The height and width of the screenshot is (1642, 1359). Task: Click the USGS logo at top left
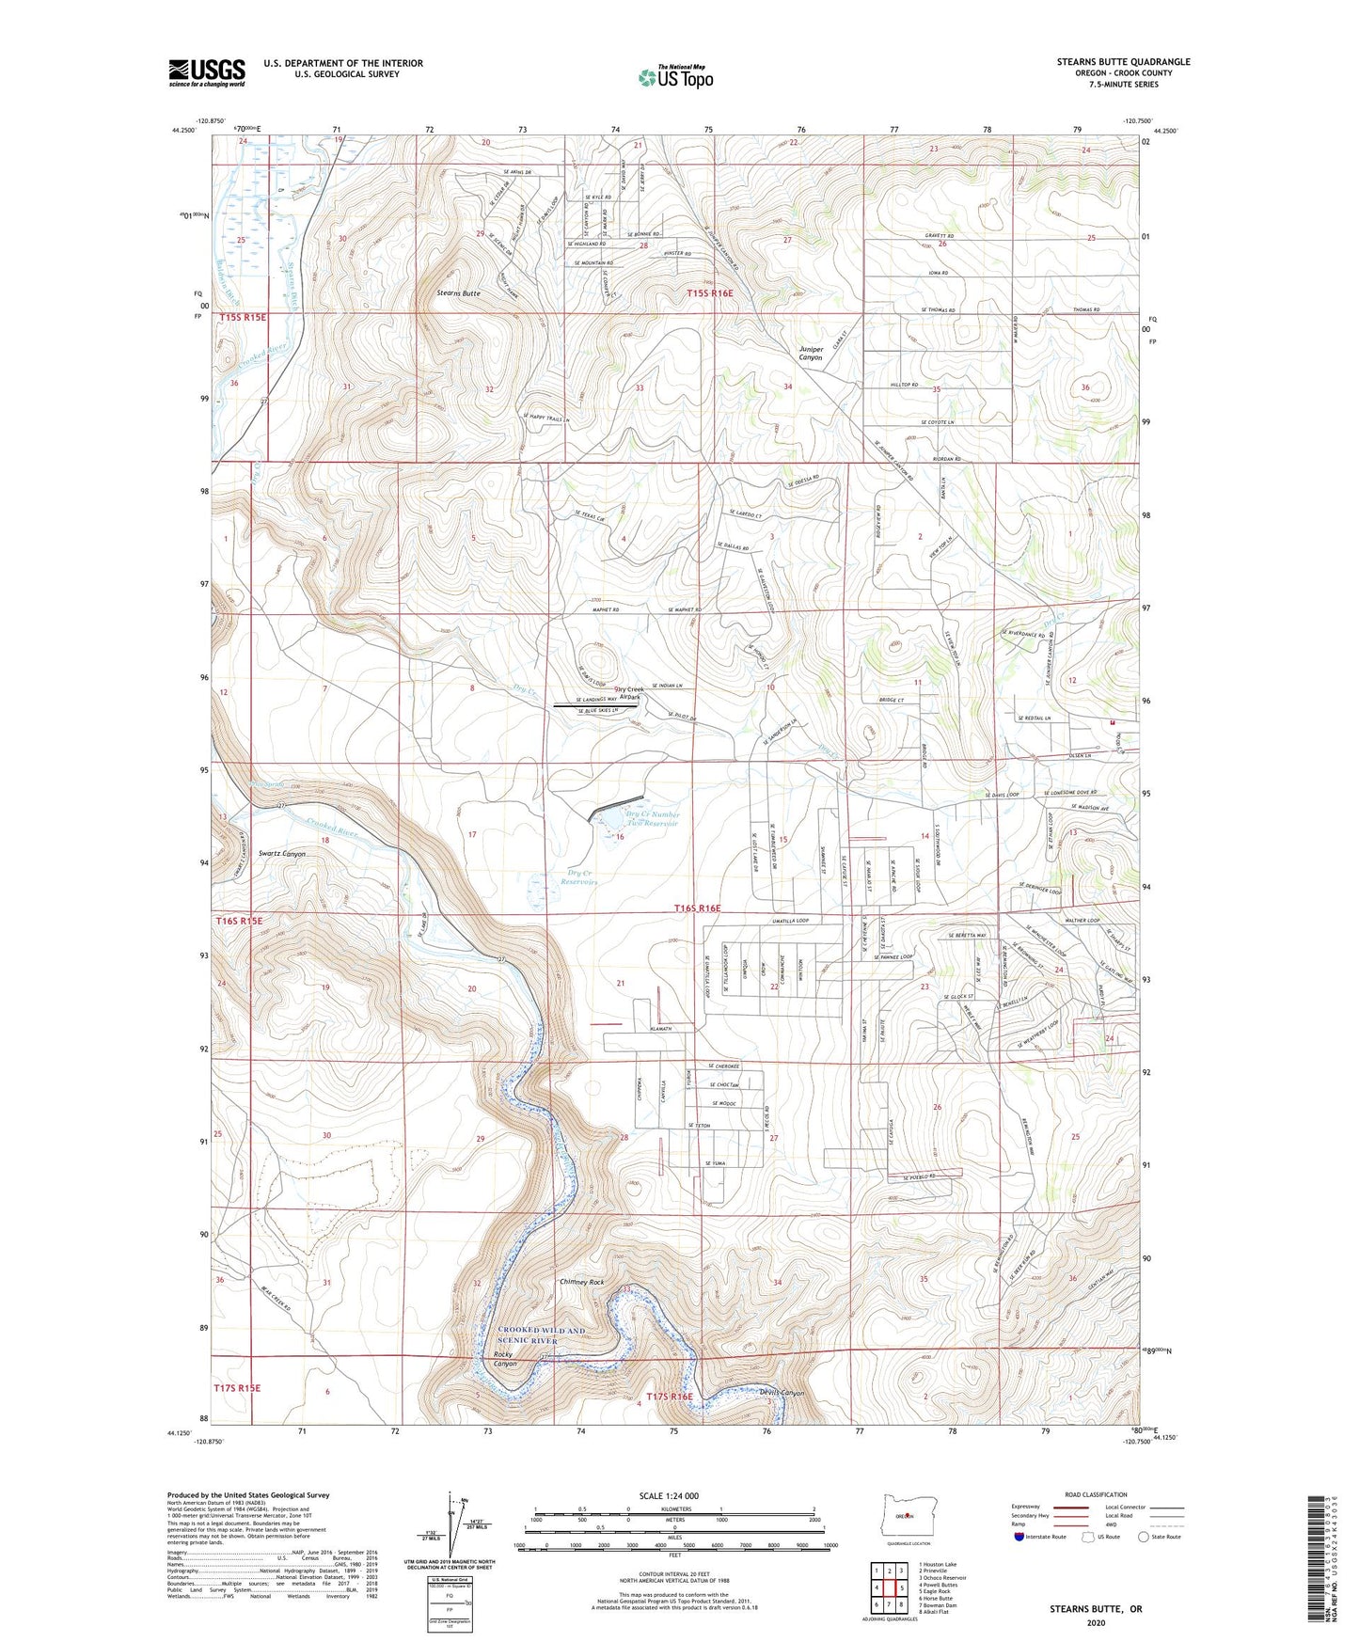pyautogui.click(x=207, y=71)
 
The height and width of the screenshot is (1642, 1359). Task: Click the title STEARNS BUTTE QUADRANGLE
pyautogui.click(x=1123, y=62)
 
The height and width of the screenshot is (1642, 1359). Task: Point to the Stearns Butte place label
pyautogui.click(x=458, y=293)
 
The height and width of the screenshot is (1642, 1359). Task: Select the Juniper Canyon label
pyautogui.click(x=811, y=354)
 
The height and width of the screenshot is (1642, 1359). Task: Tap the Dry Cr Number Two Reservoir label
pyautogui.click(x=652, y=819)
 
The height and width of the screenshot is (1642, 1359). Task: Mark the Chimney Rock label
pyautogui.click(x=581, y=1282)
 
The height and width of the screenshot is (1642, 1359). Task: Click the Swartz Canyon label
pyautogui.click(x=282, y=854)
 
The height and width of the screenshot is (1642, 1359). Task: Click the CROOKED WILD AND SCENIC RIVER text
pyautogui.click(x=541, y=1335)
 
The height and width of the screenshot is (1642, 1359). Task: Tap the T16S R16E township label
pyautogui.click(x=710, y=908)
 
